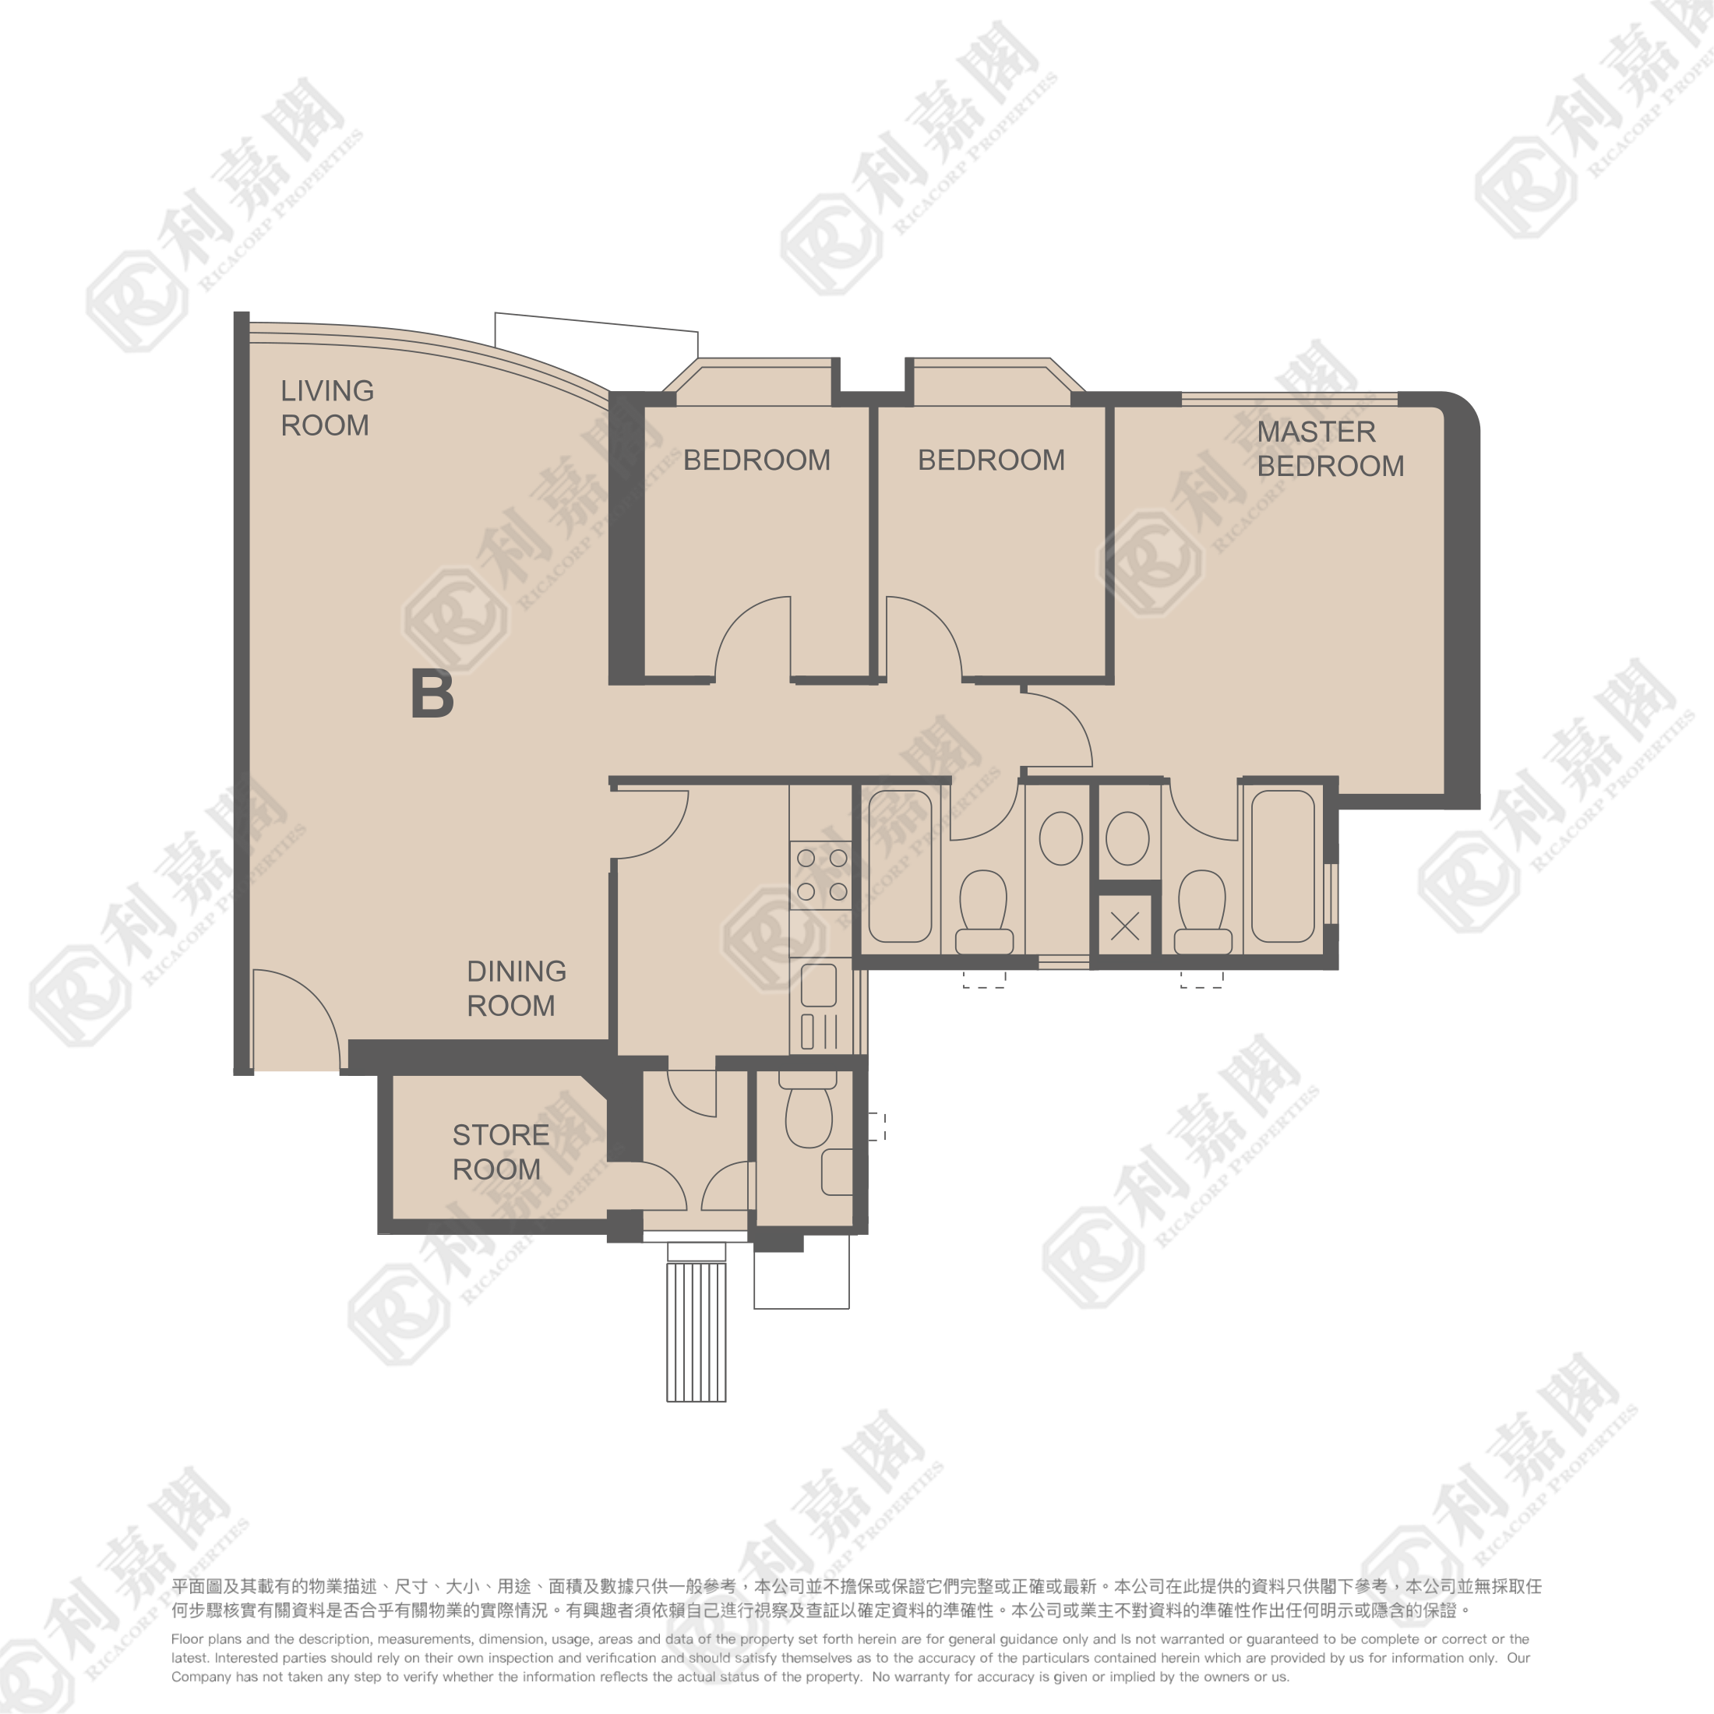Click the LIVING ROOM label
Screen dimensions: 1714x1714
pos(327,408)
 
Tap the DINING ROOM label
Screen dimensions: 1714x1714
pos(517,989)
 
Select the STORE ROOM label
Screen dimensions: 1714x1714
pos(500,1152)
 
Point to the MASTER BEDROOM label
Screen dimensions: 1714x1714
pos(1330,449)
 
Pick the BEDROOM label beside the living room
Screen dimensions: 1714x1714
pos(756,460)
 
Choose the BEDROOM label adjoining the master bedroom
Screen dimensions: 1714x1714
pos(991,460)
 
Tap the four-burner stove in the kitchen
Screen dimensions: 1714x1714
pos(821,875)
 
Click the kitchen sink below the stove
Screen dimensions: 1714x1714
pos(819,985)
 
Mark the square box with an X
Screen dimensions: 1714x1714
pos(1125,927)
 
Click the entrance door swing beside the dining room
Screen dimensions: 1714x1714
pos(296,1019)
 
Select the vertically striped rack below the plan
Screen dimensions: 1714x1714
pos(697,1331)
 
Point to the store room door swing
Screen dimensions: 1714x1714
pos(647,1186)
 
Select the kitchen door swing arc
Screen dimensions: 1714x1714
pos(651,824)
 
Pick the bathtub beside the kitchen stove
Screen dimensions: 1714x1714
pos(900,866)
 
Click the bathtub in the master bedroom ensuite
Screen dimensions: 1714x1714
pos(1283,866)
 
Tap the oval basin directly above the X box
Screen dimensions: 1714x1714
pos(1127,838)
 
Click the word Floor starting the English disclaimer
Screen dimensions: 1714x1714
pos(188,1638)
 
